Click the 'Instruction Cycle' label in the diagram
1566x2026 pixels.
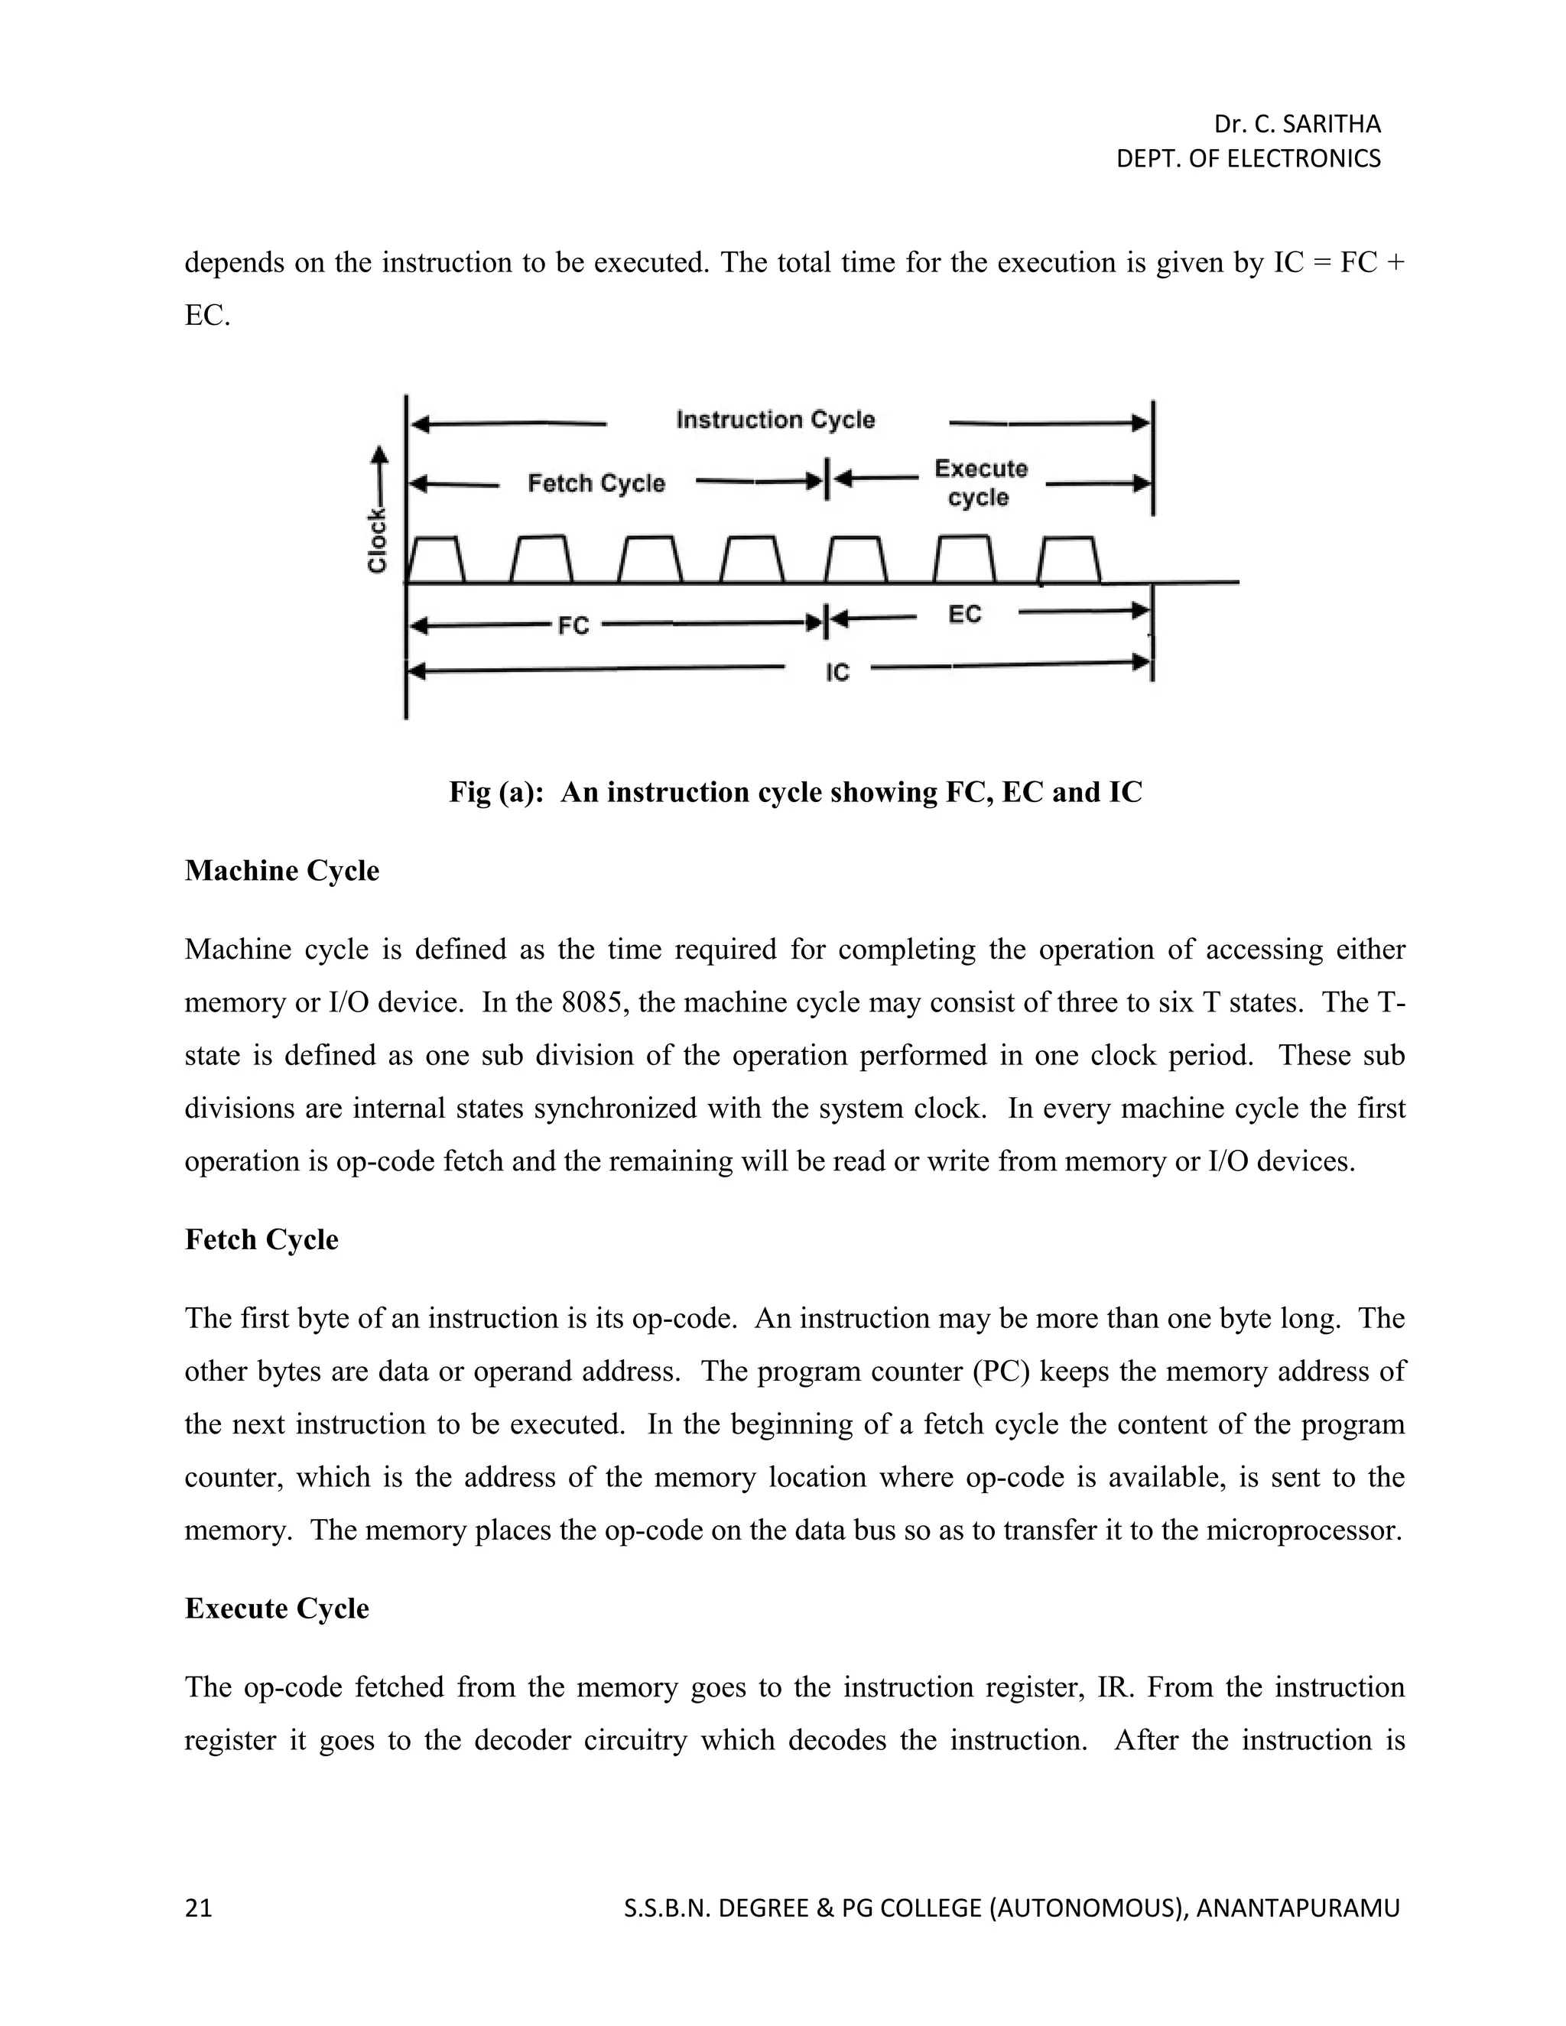click(775, 420)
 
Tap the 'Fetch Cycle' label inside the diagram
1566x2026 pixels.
click(596, 483)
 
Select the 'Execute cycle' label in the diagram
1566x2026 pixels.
click(980, 482)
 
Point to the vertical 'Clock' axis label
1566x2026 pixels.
click(377, 541)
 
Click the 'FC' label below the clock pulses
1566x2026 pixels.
click(573, 626)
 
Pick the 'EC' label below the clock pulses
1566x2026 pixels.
click(965, 614)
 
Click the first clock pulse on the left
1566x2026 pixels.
click(436, 560)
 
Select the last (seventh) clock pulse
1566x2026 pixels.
click(1069, 560)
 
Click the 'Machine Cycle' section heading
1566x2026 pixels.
click(282, 871)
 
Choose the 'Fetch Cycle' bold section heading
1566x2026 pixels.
click(262, 1239)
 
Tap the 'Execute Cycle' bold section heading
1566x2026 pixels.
click(277, 1608)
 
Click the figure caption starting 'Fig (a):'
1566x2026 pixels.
click(795, 792)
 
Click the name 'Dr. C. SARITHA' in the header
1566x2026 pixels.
click(1297, 125)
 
